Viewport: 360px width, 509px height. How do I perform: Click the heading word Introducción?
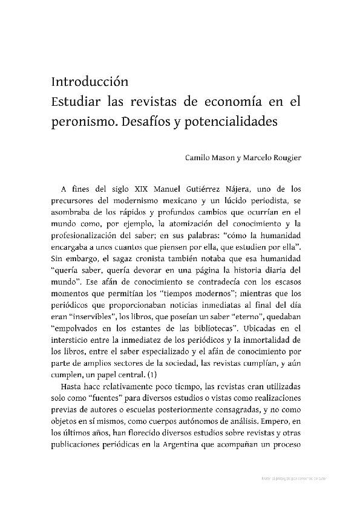[x=91, y=80]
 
